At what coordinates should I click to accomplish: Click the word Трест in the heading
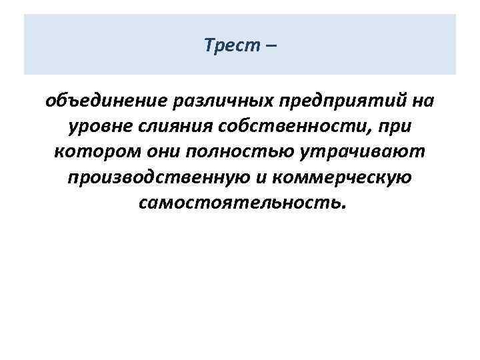pyautogui.click(x=228, y=45)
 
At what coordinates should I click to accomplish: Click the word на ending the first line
pyautogui.click(x=420, y=102)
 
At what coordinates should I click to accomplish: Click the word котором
pyautogui.click(x=89, y=153)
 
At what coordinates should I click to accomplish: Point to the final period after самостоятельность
pyautogui.click(x=343, y=207)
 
